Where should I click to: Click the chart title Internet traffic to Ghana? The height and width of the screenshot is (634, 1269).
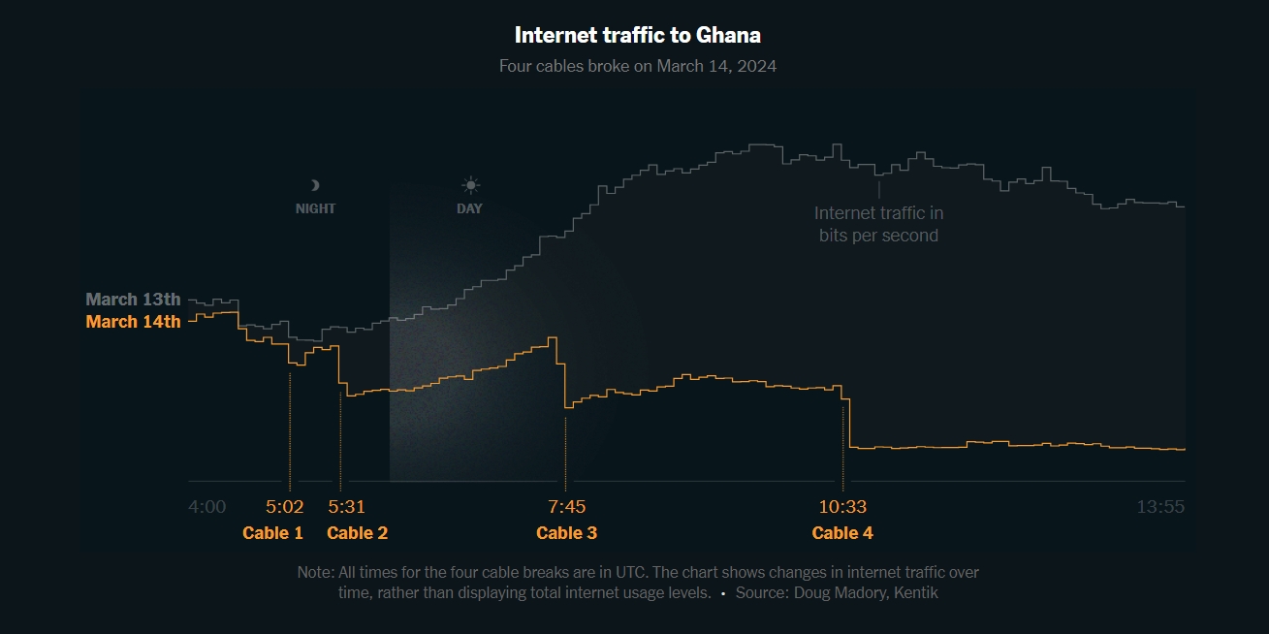tap(637, 35)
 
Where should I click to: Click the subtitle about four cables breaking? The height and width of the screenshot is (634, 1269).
tap(637, 66)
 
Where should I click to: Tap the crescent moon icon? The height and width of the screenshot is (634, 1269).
tap(314, 185)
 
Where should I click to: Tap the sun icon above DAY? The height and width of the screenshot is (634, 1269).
tap(470, 185)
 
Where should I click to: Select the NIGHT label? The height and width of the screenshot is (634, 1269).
tap(315, 208)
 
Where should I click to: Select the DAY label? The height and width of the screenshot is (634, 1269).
tap(469, 208)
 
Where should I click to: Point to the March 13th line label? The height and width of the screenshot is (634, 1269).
tap(133, 299)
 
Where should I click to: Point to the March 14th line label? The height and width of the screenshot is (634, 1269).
tap(133, 321)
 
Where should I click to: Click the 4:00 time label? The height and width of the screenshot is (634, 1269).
tap(206, 507)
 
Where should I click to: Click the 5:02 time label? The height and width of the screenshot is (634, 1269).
tap(285, 507)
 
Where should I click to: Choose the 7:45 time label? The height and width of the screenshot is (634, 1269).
tap(566, 507)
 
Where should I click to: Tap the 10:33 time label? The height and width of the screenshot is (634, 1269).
tap(842, 507)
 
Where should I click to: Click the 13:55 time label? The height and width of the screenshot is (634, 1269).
tap(1160, 507)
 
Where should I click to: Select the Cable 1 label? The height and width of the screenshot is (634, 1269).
tap(272, 532)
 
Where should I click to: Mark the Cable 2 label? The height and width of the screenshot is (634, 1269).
tap(357, 532)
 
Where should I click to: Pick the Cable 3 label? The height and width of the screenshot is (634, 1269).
tap(566, 532)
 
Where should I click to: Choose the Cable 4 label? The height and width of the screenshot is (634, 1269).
tap(842, 532)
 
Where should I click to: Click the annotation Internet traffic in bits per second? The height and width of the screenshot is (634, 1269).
tap(878, 224)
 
